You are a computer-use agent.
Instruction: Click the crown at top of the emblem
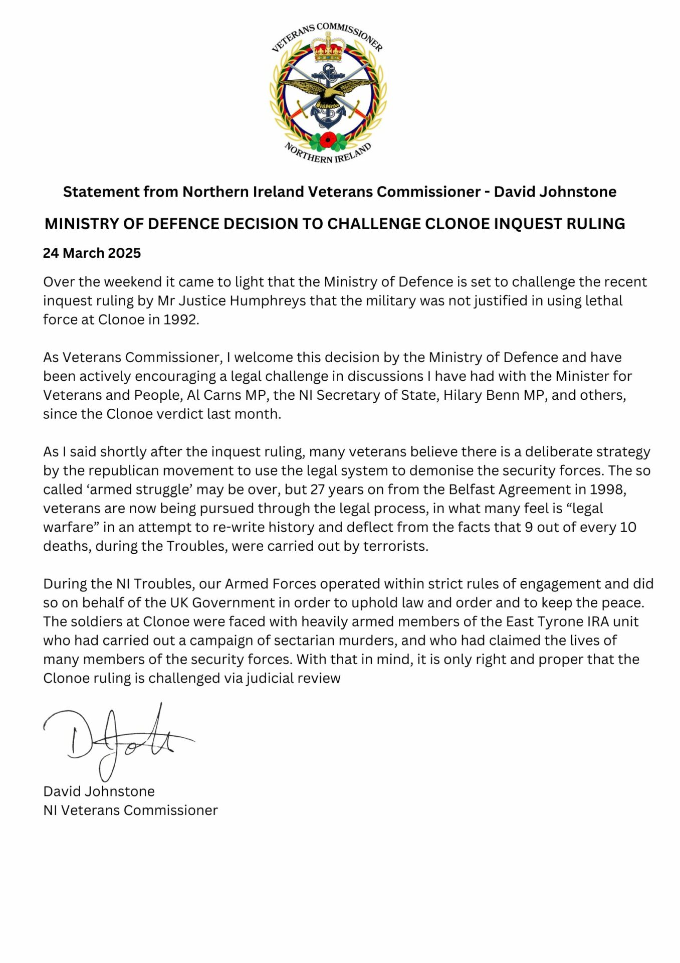[328, 47]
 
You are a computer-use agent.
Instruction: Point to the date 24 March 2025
[92, 253]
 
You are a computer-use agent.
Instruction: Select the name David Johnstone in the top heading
[555, 192]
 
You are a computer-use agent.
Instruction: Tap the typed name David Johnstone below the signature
[99, 791]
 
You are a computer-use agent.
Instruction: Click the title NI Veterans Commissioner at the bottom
[130, 810]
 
